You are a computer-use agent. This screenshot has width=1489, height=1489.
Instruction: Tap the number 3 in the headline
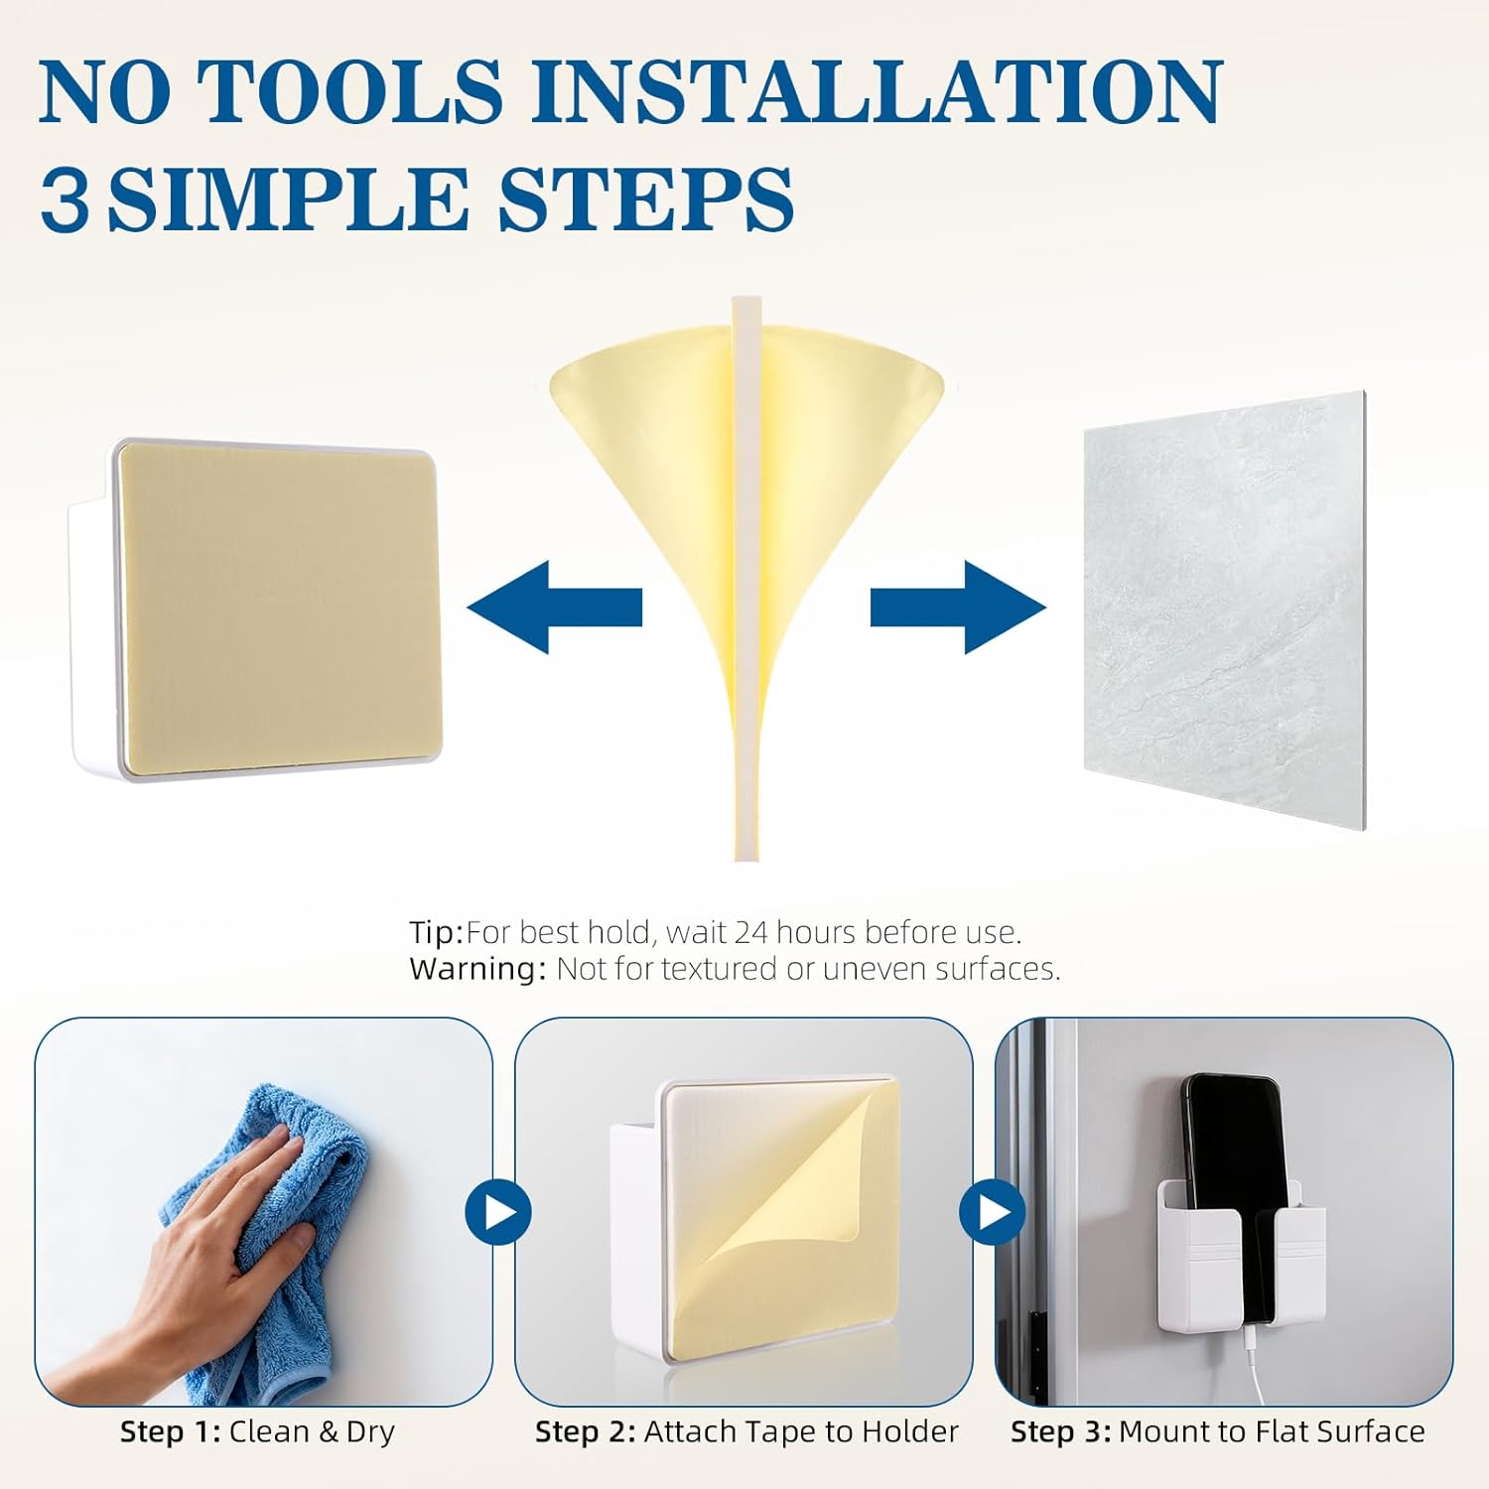(65, 200)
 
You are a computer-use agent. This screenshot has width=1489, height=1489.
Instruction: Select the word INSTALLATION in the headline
(877, 90)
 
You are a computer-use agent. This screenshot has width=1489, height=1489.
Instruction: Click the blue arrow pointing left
(555, 607)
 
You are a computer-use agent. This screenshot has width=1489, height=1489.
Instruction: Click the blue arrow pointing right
(958, 607)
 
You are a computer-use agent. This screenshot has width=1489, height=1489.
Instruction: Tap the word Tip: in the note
(437, 933)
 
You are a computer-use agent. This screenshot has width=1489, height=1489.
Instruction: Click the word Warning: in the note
(477, 969)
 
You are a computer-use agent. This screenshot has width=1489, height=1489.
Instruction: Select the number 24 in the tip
(750, 932)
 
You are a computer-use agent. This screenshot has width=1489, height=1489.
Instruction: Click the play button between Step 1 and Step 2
(498, 1212)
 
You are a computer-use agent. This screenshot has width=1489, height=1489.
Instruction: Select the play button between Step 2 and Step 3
(992, 1212)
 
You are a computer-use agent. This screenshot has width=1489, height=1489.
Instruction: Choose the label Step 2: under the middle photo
(585, 1431)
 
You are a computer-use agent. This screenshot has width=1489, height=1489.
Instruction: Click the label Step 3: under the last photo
(1060, 1431)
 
